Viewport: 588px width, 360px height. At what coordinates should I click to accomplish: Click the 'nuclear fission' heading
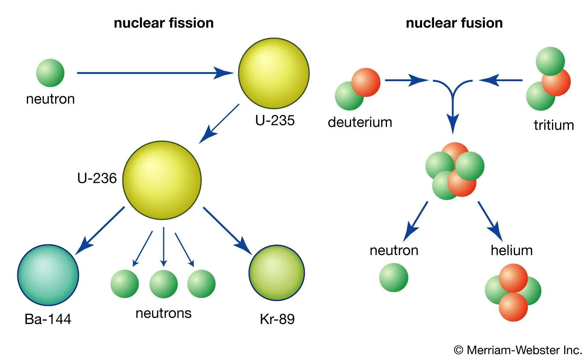click(x=164, y=23)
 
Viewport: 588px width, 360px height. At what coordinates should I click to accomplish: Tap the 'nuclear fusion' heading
click(x=454, y=23)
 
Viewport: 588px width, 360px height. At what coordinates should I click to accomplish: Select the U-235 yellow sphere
click(x=274, y=73)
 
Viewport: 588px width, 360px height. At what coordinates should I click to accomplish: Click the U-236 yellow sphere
click(x=162, y=180)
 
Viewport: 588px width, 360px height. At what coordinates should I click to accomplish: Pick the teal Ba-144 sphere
click(x=48, y=275)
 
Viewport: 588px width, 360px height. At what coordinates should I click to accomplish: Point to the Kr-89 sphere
click(x=277, y=273)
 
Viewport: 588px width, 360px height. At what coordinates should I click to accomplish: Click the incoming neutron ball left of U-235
click(x=50, y=73)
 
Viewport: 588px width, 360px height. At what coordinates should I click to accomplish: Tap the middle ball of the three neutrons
click(x=164, y=284)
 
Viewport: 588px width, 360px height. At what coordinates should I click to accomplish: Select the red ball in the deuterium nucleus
click(x=366, y=82)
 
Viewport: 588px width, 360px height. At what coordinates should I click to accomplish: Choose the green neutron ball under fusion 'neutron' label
click(x=394, y=277)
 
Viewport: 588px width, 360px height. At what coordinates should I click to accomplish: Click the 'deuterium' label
click(x=360, y=122)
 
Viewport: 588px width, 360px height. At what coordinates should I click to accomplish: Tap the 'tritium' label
click(x=553, y=125)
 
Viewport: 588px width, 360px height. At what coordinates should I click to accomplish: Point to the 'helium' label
click(x=512, y=251)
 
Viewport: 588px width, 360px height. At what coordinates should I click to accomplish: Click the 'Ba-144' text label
click(x=48, y=319)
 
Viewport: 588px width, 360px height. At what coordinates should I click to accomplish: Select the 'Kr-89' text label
click(x=277, y=319)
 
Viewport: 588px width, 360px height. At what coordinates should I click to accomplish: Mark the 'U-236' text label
click(x=97, y=178)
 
